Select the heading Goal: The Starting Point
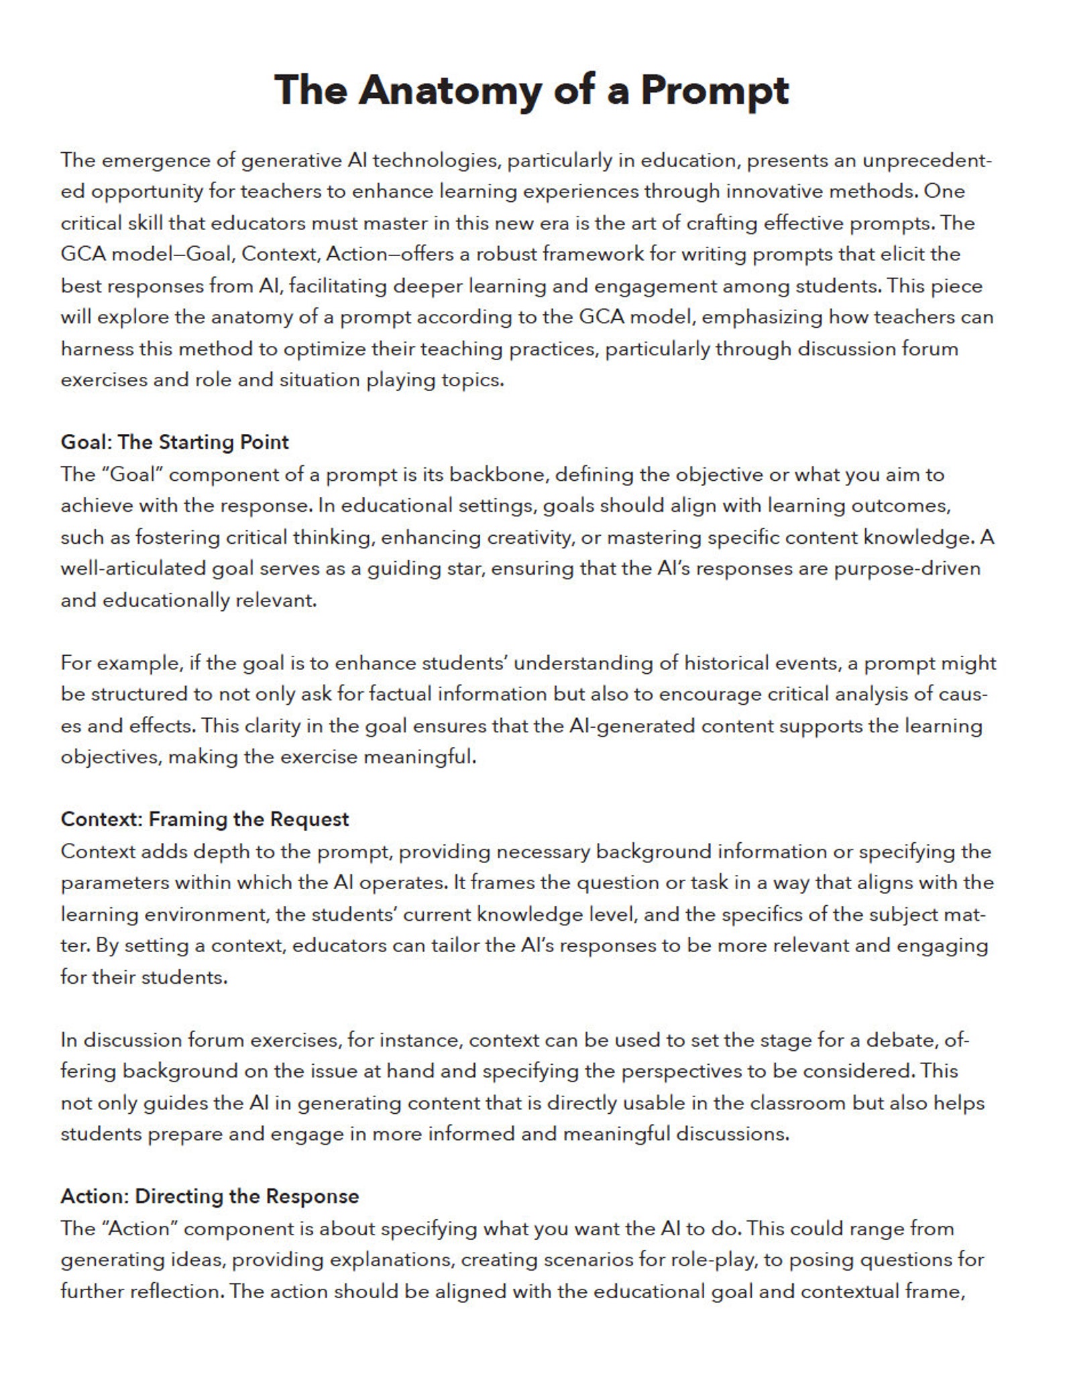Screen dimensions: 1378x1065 [174, 442]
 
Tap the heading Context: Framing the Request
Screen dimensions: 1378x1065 [205, 819]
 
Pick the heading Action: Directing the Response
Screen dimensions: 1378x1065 [209, 1196]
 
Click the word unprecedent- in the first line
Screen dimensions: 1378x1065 [926, 161]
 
